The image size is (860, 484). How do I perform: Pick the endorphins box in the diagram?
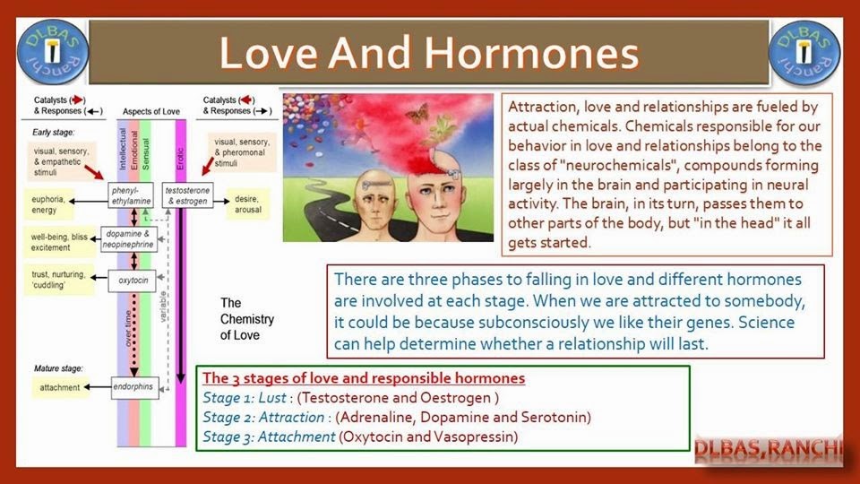tap(133, 387)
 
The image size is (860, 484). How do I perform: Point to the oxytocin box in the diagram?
tap(132, 281)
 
